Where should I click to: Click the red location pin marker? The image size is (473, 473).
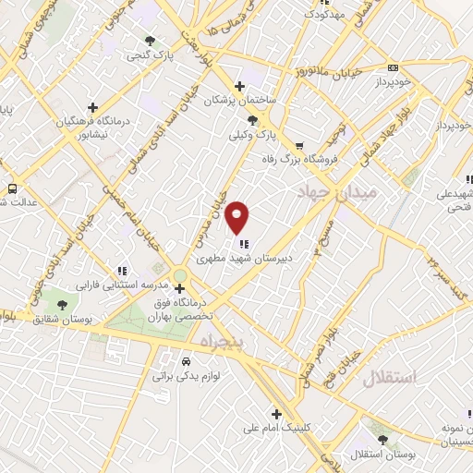pyautogui.click(x=237, y=216)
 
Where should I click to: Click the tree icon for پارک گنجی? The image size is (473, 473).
pyautogui.click(x=150, y=41)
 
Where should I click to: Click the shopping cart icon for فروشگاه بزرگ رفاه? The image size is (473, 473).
pyautogui.click(x=298, y=145)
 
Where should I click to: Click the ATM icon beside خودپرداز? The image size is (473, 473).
pyautogui.click(x=393, y=67)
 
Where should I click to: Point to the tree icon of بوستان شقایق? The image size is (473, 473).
pyautogui.click(x=61, y=304)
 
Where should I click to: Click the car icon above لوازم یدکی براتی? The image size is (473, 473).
pyautogui.click(x=187, y=361)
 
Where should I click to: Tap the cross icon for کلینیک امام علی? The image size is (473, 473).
pyautogui.click(x=275, y=413)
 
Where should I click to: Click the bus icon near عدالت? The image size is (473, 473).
pyautogui.click(x=12, y=188)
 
